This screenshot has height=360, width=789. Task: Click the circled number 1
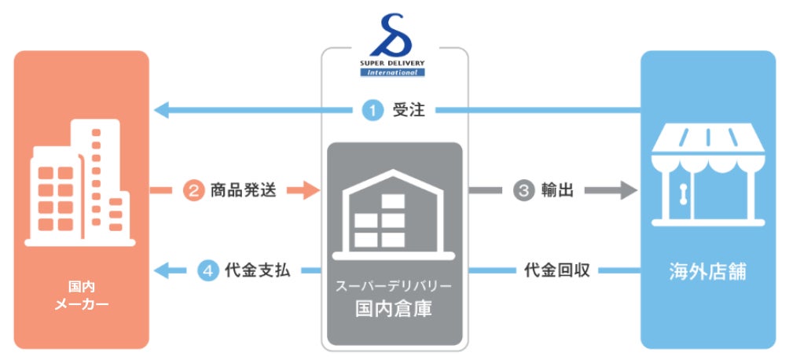pos(372,111)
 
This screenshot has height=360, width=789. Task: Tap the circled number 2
pos(193,189)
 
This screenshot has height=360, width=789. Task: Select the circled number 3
pos(523,189)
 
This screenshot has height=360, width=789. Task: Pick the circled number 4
pos(207,270)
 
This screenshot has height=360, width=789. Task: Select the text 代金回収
pos(556,270)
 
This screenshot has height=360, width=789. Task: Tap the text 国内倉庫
pos(394,308)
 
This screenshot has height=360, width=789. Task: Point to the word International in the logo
pos(393,73)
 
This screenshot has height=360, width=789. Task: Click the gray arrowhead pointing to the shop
pos(627,189)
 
